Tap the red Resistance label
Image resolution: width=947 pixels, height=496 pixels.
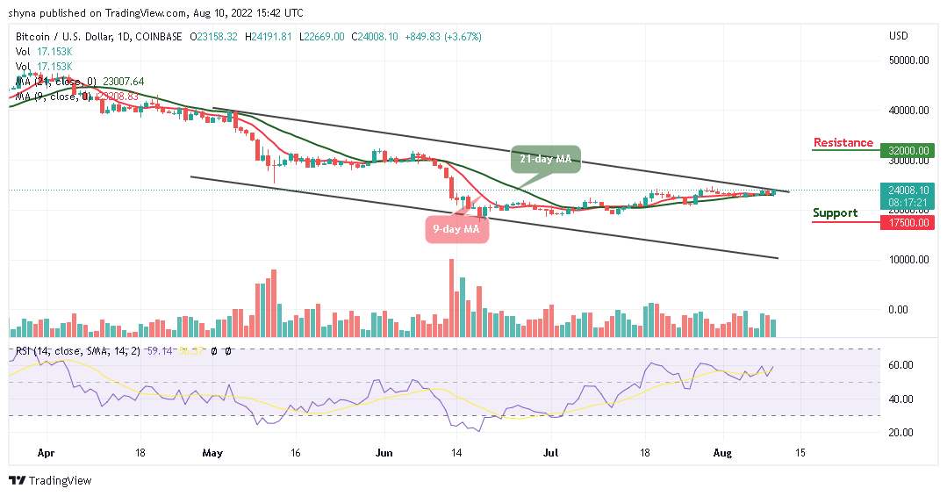point(843,143)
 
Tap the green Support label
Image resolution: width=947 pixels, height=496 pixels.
point(835,213)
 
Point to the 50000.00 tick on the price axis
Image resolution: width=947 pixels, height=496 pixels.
point(910,61)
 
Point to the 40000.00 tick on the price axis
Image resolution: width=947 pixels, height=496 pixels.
point(910,111)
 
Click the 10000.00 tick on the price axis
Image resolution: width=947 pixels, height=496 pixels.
point(910,260)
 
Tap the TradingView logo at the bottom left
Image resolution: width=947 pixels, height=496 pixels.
point(50,481)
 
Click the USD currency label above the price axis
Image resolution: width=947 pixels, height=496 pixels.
point(899,36)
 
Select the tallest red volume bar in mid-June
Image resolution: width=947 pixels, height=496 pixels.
point(451,298)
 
